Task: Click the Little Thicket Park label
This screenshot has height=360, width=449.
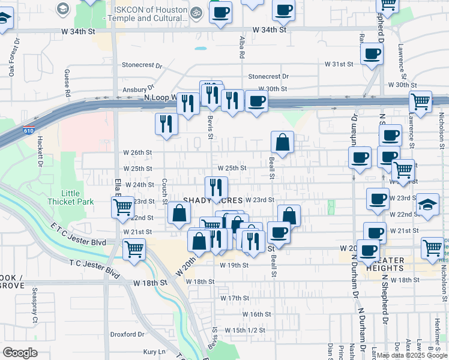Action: pos(79,197)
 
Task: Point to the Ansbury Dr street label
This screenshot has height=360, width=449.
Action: pos(134,90)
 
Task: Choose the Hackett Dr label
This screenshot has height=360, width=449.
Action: pos(40,151)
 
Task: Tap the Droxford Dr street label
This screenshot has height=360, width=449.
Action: pos(125,334)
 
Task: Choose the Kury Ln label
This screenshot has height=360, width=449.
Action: pos(153,352)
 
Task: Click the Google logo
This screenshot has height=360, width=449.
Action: pos(20,352)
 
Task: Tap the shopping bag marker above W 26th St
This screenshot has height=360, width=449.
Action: pos(282,143)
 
